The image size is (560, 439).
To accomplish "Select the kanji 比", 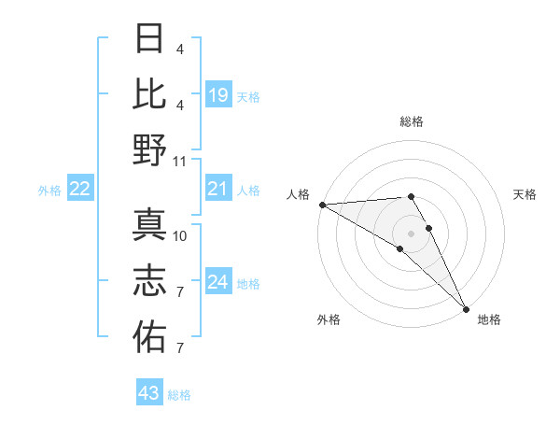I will (x=149, y=95).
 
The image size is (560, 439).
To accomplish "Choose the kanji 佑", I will (x=149, y=335).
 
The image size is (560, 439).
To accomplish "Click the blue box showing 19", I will (x=217, y=94).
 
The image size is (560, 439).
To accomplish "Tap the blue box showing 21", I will (x=217, y=190).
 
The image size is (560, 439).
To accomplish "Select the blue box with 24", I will (x=217, y=282).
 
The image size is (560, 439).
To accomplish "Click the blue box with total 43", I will (x=148, y=393).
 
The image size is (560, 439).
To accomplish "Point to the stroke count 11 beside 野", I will (x=180, y=161).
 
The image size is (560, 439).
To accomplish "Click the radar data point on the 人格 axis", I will (x=321, y=205).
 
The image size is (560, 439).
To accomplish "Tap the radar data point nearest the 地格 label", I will (x=465, y=307).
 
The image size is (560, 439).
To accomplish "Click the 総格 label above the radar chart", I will (x=412, y=121).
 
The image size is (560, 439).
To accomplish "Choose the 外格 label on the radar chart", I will (x=329, y=319).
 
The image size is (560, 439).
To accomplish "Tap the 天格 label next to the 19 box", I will (x=248, y=96).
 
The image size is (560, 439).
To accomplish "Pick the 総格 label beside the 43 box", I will (x=179, y=395).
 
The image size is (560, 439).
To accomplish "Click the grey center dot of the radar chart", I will (x=412, y=233).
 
